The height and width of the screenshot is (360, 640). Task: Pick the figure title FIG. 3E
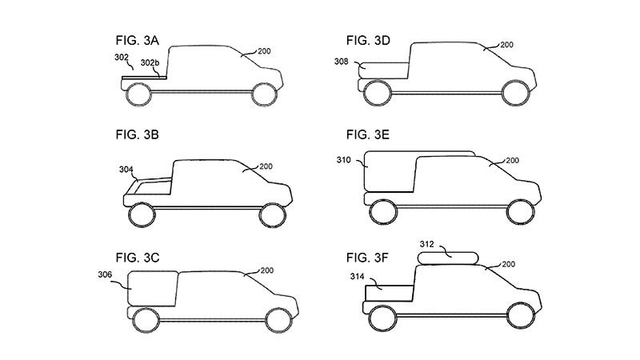coord(368,135)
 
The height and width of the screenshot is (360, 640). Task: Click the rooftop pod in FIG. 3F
coord(448,257)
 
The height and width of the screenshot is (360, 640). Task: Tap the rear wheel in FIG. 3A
coord(140,94)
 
